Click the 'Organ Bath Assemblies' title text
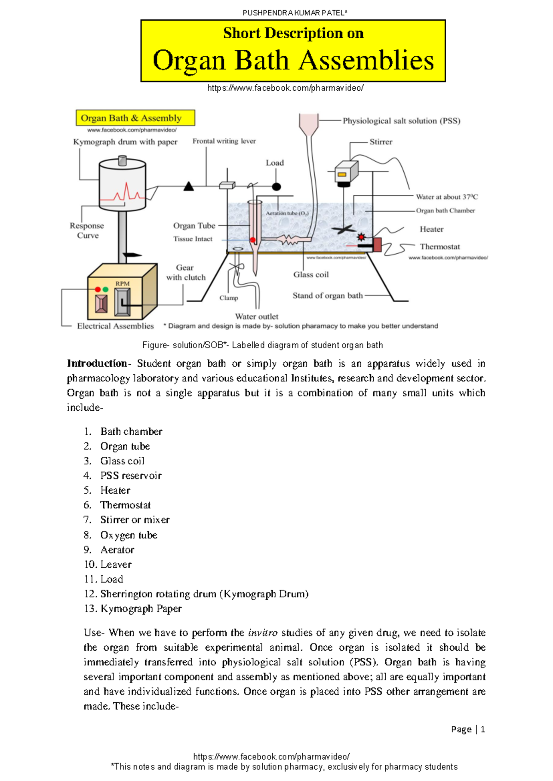pos(293,61)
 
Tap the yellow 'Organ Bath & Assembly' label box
pos(135,118)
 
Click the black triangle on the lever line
pos(188,187)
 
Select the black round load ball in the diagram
pos(276,187)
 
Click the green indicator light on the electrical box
pos(106,289)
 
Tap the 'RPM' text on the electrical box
pos(123,284)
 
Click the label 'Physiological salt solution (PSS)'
pos(401,121)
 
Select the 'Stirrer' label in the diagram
pos(381,142)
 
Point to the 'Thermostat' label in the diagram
pos(440,247)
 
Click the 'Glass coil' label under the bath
pos(311,274)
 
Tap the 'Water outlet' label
pos(257,316)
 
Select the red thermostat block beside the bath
pos(377,245)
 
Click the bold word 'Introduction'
pos(97,363)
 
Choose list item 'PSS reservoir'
pos(131,476)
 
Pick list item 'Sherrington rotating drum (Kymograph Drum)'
pos(204,594)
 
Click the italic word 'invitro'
pos(263,633)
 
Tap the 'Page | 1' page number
pos(468,729)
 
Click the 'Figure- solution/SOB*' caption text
pos(262,345)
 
